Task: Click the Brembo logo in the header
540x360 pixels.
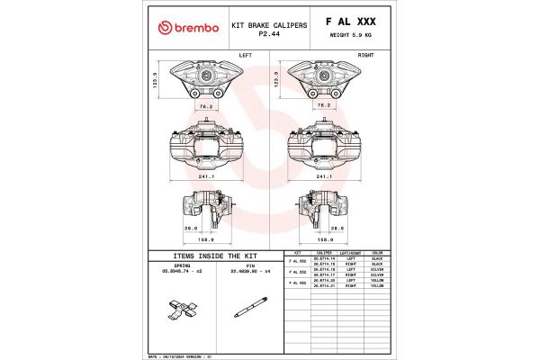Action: click(x=188, y=28)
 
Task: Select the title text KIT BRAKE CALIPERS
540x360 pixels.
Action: click(x=269, y=25)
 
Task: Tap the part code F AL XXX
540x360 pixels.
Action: click(x=350, y=21)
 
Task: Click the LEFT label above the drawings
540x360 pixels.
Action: click(x=245, y=55)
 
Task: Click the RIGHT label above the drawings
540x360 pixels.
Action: click(x=366, y=55)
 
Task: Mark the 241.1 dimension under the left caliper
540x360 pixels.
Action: click(x=208, y=176)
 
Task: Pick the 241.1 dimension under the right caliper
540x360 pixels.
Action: click(x=325, y=176)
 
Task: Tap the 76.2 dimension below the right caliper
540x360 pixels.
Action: click(x=325, y=105)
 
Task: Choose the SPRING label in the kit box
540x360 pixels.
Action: click(x=183, y=265)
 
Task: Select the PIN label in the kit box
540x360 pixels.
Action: click(x=251, y=265)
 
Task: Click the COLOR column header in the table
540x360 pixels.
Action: click(x=377, y=253)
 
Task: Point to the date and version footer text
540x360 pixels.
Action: click(x=179, y=356)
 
